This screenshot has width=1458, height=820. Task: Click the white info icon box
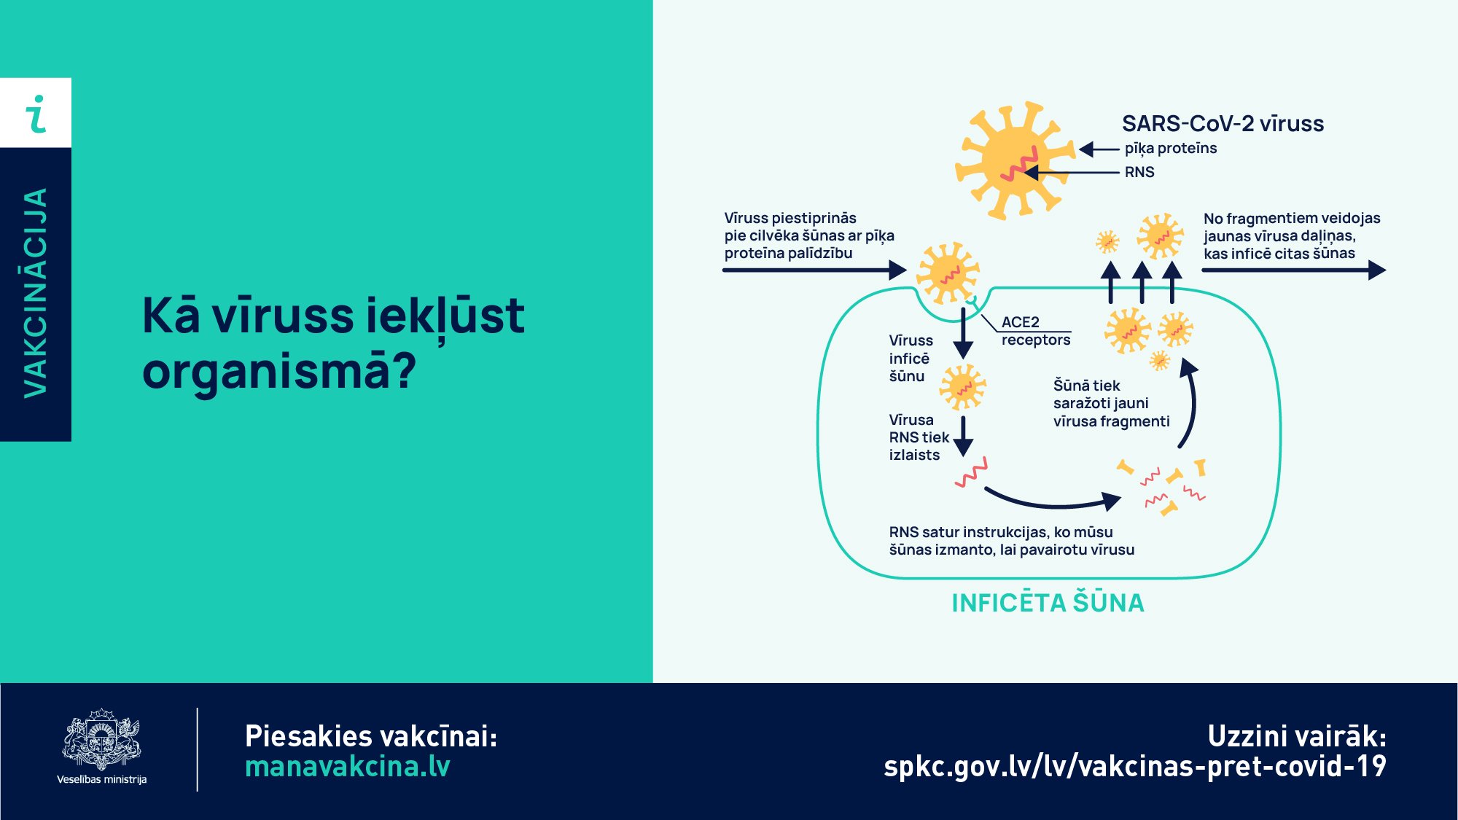36,113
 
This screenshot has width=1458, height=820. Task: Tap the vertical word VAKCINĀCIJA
36,293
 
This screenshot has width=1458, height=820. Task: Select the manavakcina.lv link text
348,767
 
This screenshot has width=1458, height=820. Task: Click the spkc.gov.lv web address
1135,767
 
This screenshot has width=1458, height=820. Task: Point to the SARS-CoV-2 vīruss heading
1223,124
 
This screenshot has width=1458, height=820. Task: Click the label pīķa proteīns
1171,149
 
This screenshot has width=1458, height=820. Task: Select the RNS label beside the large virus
1139,172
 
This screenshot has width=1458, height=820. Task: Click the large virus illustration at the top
1015,160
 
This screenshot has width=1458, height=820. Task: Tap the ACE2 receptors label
1036,331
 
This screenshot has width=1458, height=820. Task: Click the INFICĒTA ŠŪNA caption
1048,603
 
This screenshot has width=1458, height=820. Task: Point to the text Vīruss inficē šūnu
911,358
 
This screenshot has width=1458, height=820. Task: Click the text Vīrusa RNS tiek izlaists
919,437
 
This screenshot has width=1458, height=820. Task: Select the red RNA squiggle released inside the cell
972,472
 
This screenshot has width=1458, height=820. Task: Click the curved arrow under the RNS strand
1053,500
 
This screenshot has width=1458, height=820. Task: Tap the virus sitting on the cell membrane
947,273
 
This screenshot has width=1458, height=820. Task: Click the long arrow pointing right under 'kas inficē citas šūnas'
1294,270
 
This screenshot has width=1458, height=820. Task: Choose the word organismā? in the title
279,372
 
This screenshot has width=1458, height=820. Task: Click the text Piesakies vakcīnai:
371,736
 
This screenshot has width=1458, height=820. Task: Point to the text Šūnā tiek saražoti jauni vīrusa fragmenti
1111,403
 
